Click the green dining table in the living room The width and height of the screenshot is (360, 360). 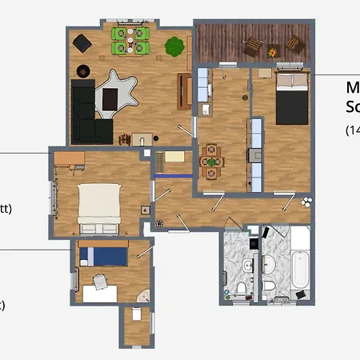pos(131,41)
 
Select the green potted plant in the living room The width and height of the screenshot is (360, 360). pos(174,46)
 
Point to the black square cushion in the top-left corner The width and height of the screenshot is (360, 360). pos(82,42)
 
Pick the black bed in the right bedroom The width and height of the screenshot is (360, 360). pos(292,98)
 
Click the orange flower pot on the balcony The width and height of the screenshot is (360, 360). pos(274,52)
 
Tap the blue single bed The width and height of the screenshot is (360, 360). pos(102,255)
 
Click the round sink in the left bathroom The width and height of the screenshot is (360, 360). pos(246,265)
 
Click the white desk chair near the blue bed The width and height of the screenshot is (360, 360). pos(99,282)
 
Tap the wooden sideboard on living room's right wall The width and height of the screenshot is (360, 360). pos(184,92)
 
